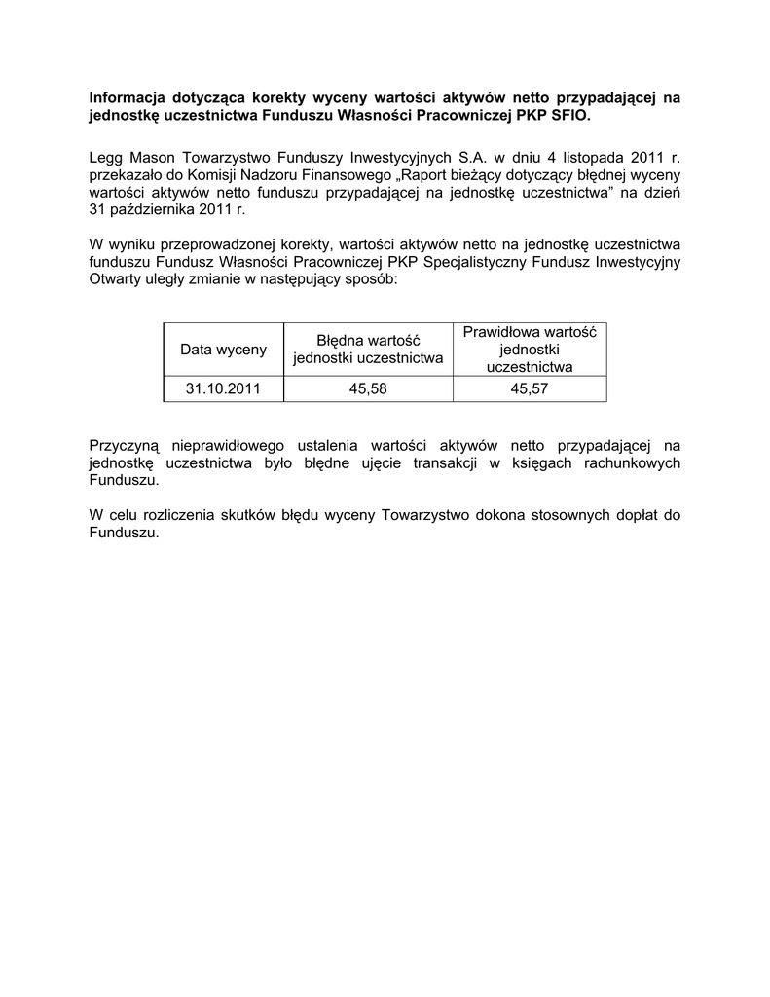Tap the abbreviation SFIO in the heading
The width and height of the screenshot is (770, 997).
pos(570,116)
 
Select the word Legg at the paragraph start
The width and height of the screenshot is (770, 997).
pos(106,156)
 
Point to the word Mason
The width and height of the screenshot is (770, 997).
pos(153,156)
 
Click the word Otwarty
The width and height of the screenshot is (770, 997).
pos(115,279)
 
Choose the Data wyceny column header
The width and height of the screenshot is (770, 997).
pos(223,349)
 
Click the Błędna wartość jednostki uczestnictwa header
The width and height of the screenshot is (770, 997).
pos(368,349)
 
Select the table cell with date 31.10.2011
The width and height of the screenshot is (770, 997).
pos(223,389)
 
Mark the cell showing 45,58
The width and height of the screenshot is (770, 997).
pos(368,389)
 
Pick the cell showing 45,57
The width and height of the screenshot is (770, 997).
pos(530,389)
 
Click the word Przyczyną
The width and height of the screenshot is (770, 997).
pos(124,445)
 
